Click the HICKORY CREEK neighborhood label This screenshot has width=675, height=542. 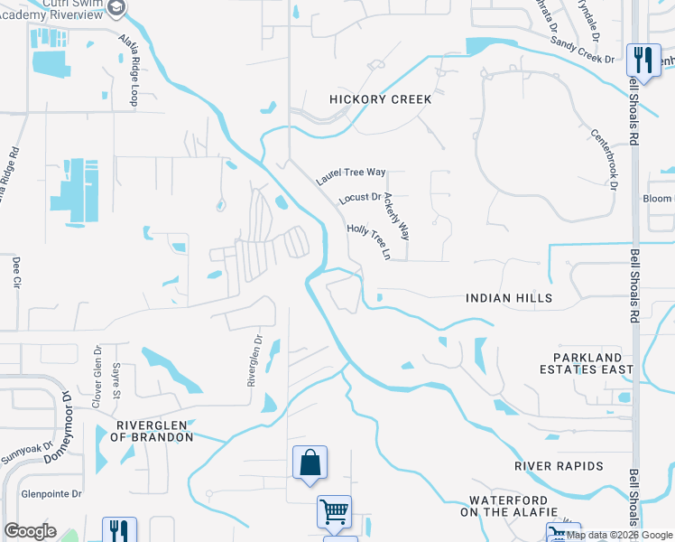pos(380,99)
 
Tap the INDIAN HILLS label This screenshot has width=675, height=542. pos(508,297)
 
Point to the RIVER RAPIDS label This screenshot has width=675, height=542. pos(559,466)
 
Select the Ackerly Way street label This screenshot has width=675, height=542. pos(397,215)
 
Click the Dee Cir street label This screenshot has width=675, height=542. pos(16,274)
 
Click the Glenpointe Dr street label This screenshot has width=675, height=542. pos(51,494)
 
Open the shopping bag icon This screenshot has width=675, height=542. pos(310,463)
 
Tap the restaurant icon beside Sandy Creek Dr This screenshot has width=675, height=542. pos(643,61)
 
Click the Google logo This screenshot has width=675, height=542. pos(30,531)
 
